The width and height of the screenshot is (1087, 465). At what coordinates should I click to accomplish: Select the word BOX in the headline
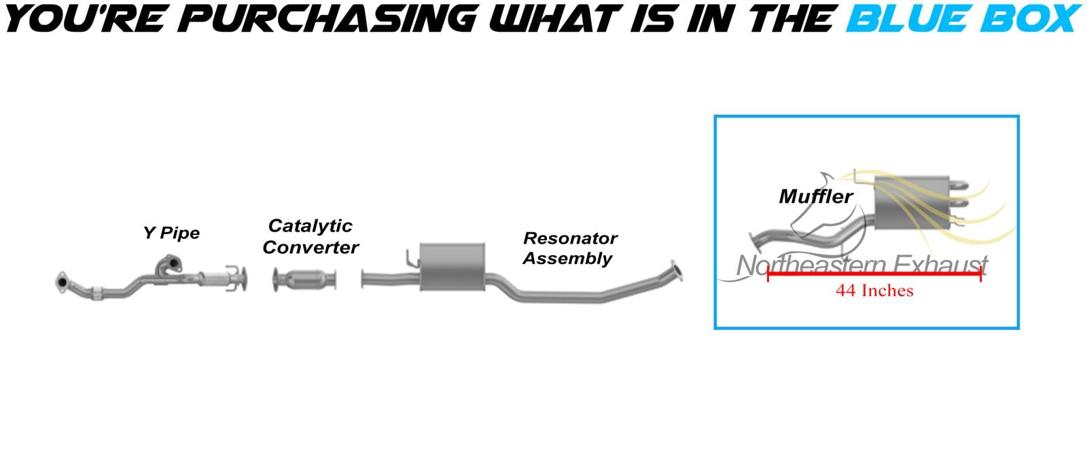point(1027,18)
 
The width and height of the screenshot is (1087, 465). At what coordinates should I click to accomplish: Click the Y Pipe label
point(171,234)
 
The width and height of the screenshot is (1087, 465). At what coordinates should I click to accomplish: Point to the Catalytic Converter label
point(310,236)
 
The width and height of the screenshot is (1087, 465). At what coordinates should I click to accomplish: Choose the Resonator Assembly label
point(569,248)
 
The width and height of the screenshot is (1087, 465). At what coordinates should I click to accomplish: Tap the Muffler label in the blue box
point(815,197)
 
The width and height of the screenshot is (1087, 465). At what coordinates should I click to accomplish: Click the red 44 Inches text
point(874,291)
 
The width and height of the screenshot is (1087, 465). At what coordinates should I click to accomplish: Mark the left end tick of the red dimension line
point(768,274)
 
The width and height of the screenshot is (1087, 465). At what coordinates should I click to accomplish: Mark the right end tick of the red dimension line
point(980,274)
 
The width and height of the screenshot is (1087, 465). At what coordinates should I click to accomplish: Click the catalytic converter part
point(305,280)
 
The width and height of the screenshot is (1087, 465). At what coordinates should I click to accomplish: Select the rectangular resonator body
point(452,267)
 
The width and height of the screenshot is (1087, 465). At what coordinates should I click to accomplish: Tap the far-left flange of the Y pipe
point(61,282)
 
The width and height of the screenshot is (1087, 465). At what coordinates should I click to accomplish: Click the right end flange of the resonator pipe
point(676,272)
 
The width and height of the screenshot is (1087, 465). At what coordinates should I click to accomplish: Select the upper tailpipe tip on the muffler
point(958,185)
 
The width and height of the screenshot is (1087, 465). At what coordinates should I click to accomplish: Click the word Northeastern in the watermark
point(808,265)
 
